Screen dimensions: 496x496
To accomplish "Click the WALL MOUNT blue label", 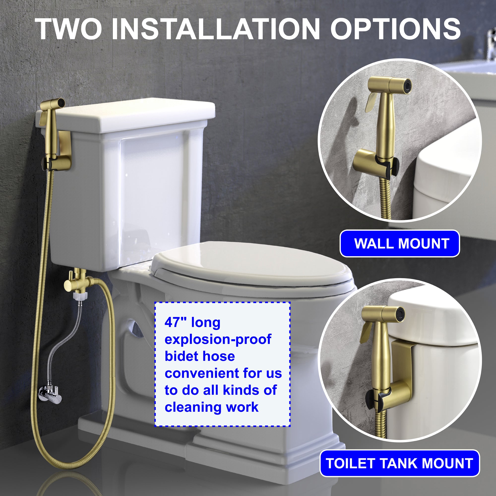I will coord(400,243).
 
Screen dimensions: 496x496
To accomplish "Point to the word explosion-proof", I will coord(218,340).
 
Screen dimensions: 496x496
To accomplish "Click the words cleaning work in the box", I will coord(212,407).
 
